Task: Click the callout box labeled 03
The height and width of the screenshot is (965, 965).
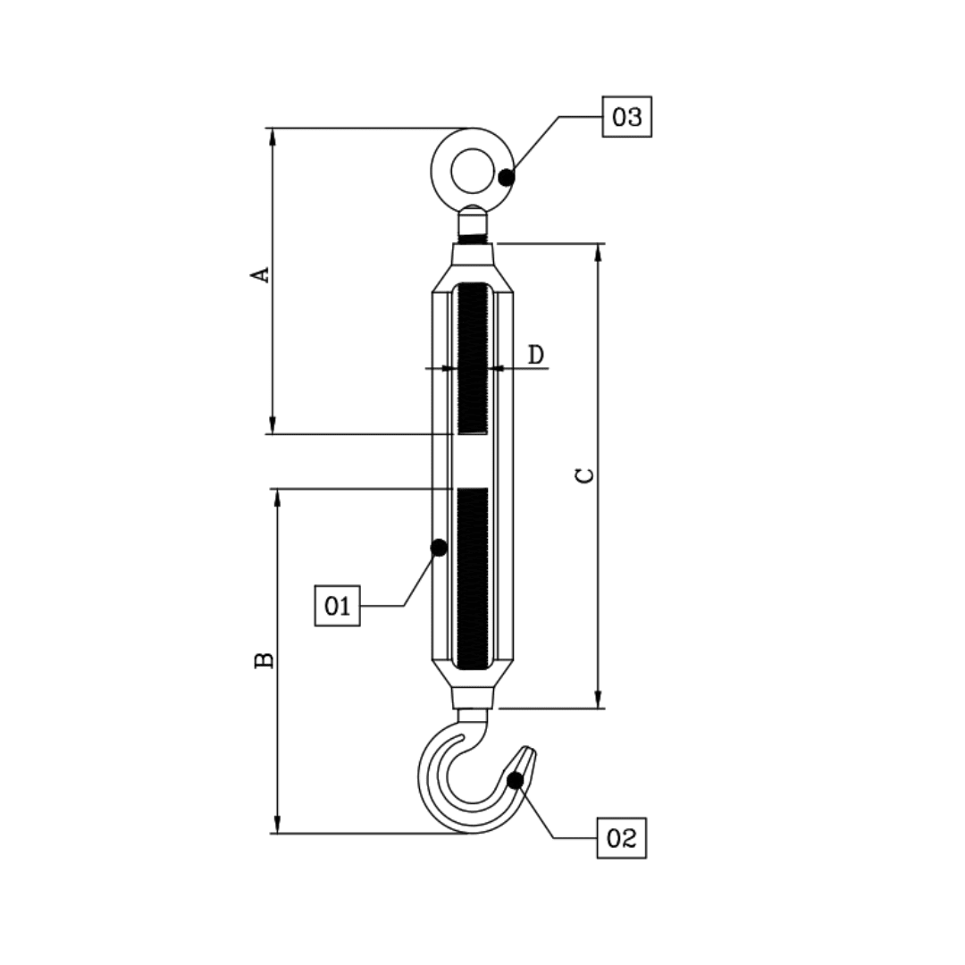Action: (x=627, y=117)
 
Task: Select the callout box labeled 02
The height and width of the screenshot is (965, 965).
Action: (x=621, y=838)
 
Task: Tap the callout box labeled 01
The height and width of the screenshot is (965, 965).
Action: (x=338, y=606)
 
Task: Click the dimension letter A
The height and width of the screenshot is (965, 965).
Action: (x=259, y=273)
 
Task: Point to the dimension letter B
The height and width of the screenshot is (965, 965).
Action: (x=264, y=660)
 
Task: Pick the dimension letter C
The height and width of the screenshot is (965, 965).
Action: (x=583, y=474)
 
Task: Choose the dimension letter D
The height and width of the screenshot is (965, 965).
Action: (x=535, y=355)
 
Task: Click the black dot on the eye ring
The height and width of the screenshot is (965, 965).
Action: (x=507, y=177)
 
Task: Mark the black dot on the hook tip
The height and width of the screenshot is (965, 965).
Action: (x=515, y=780)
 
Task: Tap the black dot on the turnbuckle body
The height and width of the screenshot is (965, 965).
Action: (x=439, y=548)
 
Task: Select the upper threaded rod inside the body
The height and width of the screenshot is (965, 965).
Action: (x=473, y=357)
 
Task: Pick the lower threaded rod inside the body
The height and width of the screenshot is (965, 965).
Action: (x=473, y=576)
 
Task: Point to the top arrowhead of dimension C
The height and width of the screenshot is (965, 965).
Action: (x=598, y=250)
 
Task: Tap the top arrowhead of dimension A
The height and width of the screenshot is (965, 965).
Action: (x=273, y=135)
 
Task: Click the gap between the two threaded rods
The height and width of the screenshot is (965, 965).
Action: (x=473, y=461)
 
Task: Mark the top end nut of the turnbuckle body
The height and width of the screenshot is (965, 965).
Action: (x=473, y=255)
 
